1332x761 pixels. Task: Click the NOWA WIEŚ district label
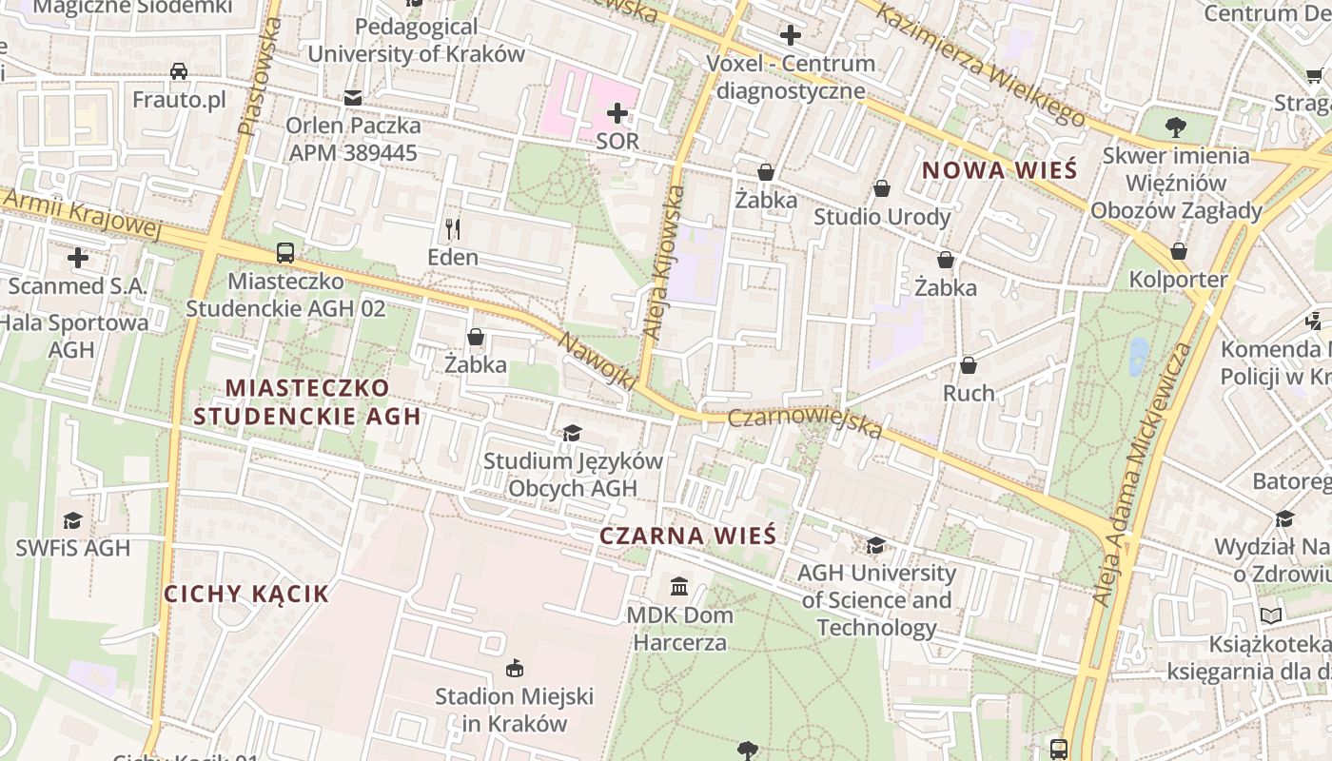[x=1000, y=170]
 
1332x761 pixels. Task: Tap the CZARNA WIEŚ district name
[x=687, y=536]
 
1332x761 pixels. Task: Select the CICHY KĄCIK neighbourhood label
[x=246, y=594]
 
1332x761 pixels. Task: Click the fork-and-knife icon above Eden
[x=453, y=229]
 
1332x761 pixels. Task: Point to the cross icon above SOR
[x=617, y=114]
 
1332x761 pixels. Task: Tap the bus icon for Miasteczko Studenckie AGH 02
[x=285, y=253]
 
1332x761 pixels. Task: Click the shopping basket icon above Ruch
[x=969, y=365]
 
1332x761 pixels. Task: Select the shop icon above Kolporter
[x=1178, y=251]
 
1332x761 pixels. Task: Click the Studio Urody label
[x=882, y=217]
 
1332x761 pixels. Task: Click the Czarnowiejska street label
[x=805, y=423]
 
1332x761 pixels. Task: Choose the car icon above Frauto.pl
[x=179, y=71]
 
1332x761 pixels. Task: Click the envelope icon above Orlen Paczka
[x=353, y=98]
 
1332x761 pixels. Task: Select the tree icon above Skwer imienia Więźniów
[x=1176, y=126]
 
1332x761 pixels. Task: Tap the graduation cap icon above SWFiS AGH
[x=72, y=520]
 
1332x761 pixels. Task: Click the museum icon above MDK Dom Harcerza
[x=679, y=586]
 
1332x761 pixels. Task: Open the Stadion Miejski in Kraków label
[x=514, y=709]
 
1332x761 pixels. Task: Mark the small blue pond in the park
[x=1137, y=357]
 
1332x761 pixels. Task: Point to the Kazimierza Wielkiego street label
[x=980, y=65]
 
